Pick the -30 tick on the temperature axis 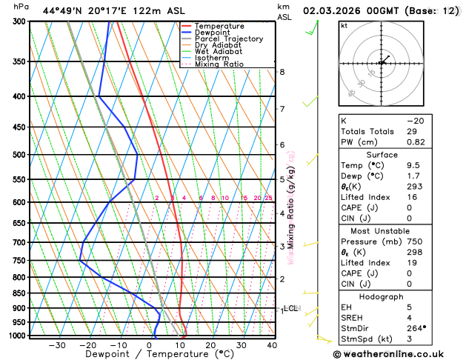(57, 345)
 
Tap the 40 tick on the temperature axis (272, 345)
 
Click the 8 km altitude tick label (282, 72)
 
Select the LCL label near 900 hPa (290, 308)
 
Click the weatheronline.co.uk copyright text (397, 354)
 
